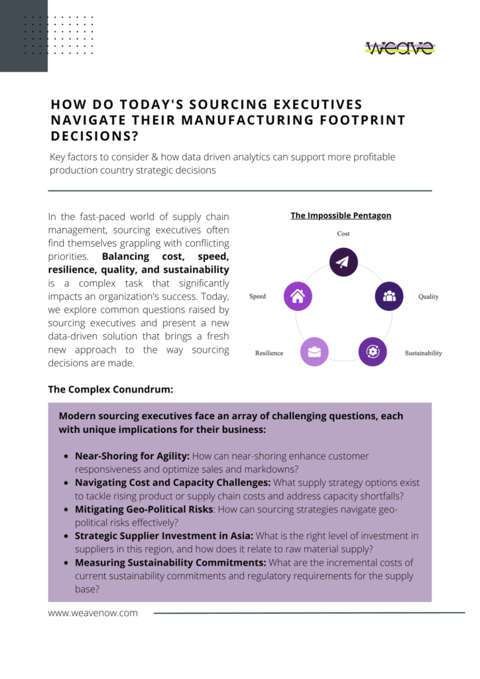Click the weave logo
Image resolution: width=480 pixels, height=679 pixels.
400,48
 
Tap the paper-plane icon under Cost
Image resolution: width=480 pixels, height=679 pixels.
343,262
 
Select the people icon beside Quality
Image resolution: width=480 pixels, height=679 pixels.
389,296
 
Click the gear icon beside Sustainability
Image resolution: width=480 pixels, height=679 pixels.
373,351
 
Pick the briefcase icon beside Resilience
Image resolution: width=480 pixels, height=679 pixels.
314,351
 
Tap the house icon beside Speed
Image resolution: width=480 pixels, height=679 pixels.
298,296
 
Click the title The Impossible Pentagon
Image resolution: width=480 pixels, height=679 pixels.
341,216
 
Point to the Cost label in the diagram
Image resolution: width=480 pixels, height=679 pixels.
343,233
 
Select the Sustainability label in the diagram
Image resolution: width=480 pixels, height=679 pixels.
423,353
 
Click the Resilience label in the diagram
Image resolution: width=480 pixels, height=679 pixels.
269,353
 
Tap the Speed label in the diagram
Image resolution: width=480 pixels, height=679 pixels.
258,296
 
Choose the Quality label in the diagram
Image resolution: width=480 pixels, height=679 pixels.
428,296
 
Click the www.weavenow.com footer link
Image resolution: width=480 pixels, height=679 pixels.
93,613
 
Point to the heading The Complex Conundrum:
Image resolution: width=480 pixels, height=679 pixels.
110,389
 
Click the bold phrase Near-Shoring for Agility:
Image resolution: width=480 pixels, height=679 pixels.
132,456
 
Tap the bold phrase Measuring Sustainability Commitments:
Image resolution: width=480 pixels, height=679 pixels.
170,562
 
